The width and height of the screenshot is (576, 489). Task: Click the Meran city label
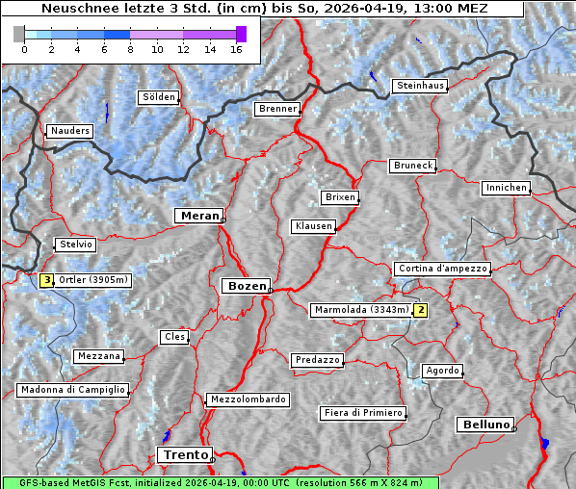point(199,216)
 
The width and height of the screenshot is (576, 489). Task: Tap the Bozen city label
point(246,286)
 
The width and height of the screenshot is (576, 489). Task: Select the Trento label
point(184,454)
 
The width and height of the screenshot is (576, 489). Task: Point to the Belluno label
point(484,424)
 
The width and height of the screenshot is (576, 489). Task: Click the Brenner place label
point(278,109)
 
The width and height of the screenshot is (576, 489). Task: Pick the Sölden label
point(159,97)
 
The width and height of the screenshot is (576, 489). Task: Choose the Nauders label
point(70,131)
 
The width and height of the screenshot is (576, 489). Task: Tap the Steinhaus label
point(421,86)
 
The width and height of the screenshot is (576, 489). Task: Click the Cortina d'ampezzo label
point(442,269)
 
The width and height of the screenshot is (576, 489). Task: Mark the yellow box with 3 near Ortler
point(47,280)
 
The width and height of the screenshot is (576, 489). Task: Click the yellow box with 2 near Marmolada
point(420,310)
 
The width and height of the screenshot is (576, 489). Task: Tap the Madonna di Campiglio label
point(72,390)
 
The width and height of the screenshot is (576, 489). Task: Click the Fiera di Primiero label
point(363,413)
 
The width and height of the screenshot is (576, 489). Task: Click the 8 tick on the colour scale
point(130,48)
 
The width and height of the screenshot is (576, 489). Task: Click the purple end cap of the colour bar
point(241,34)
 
